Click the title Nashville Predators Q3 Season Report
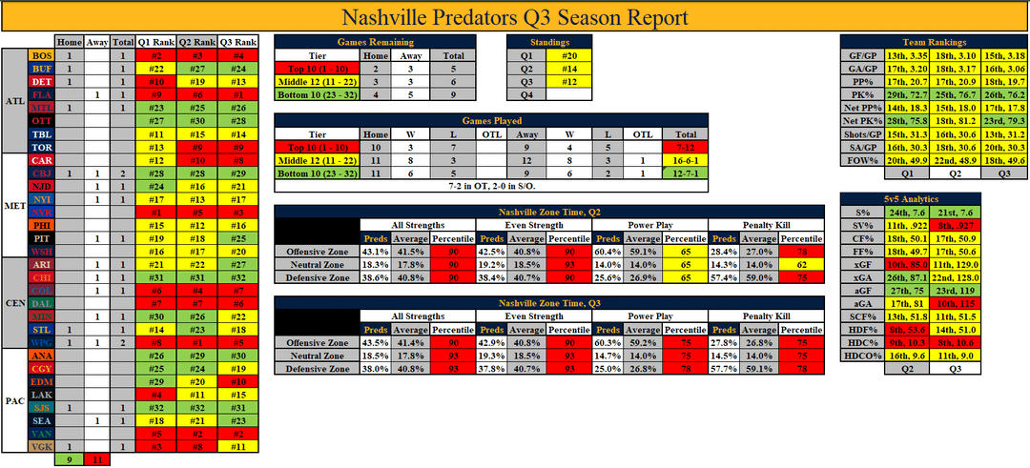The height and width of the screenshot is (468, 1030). (515, 17)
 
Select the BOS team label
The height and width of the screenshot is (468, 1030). (41, 56)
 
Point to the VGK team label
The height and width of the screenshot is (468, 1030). (41, 446)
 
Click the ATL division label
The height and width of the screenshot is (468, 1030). (14, 101)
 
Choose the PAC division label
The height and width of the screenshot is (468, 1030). (14, 400)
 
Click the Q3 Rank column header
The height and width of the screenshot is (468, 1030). (237, 42)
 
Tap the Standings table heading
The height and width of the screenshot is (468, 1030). (551, 42)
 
